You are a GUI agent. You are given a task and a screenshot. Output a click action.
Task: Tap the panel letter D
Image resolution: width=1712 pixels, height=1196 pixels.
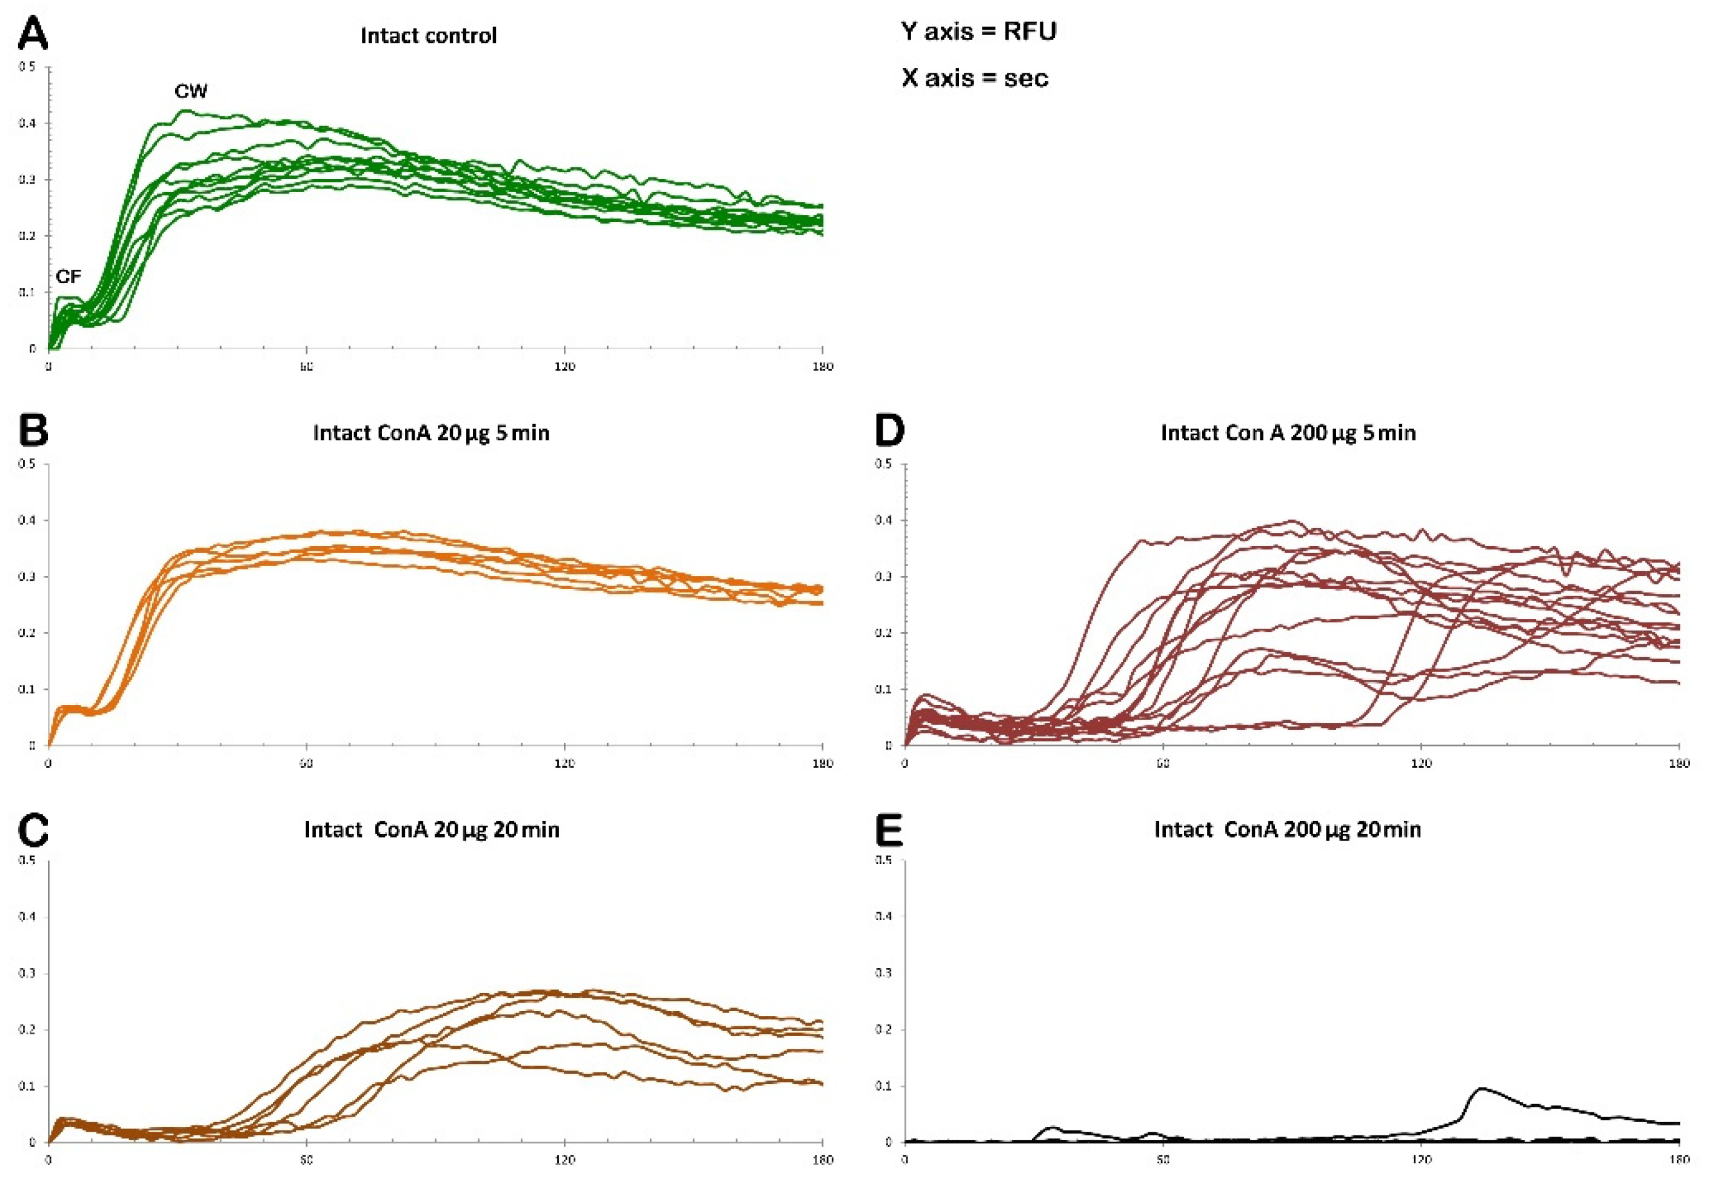click(x=889, y=430)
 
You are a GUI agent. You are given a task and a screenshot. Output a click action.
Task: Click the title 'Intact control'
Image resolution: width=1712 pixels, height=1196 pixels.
click(x=428, y=36)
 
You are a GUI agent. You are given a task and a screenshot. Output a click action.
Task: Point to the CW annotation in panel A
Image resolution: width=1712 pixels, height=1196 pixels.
click(x=191, y=92)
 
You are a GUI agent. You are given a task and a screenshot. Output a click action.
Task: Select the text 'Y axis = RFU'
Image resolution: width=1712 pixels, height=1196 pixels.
click(x=978, y=32)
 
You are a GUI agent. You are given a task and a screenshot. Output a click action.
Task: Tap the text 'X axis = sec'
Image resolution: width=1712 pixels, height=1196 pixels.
click(x=975, y=78)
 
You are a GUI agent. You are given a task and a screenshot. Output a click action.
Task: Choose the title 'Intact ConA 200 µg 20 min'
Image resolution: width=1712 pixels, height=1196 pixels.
click(x=1287, y=830)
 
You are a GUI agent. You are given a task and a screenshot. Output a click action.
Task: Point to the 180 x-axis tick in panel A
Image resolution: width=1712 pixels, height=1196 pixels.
click(x=823, y=367)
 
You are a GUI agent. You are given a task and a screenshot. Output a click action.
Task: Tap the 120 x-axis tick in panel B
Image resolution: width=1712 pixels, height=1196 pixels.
click(x=564, y=764)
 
